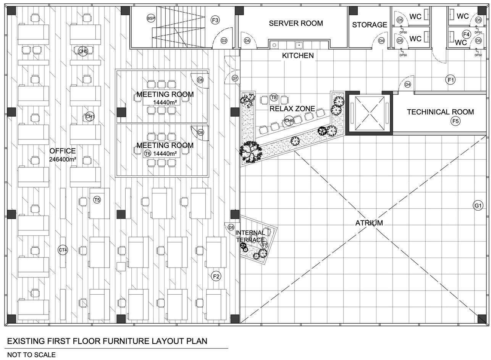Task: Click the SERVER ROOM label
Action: [296, 23]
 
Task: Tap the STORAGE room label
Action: [369, 25]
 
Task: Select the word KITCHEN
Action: [298, 56]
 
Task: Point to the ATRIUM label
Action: [369, 223]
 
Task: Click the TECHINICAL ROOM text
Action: [440, 112]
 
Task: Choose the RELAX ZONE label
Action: [292, 109]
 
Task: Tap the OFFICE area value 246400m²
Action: [63, 159]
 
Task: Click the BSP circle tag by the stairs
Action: [151, 18]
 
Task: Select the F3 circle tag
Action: [215, 20]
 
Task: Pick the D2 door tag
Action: [224, 41]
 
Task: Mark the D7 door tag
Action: [235, 78]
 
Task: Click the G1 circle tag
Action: [478, 206]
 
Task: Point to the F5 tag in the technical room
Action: [455, 122]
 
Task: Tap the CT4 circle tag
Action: [63, 250]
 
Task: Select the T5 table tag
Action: [97, 199]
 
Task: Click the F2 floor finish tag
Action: [216, 276]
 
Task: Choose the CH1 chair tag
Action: [90, 117]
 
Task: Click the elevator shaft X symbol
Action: [369, 113]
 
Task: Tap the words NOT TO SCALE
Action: [31, 355]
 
